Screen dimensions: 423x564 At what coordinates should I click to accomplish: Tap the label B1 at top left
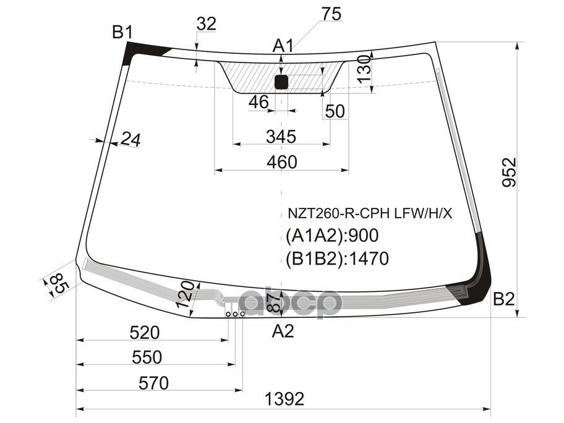click(122, 32)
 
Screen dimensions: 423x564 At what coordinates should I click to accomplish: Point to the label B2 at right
click(504, 300)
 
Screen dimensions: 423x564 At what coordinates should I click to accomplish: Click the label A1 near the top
click(283, 45)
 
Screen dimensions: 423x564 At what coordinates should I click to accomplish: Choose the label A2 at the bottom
click(283, 332)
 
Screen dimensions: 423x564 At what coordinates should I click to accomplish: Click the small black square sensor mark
click(281, 82)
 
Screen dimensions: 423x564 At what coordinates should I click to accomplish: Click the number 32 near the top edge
click(206, 24)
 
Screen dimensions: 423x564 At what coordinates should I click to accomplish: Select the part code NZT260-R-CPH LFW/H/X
click(369, 215)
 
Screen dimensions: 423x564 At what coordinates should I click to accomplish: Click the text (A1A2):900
click(331, 236)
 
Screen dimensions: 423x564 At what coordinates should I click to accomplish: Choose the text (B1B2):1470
click(337, 258)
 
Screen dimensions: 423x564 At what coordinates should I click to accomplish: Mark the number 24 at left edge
click(130, 140)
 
